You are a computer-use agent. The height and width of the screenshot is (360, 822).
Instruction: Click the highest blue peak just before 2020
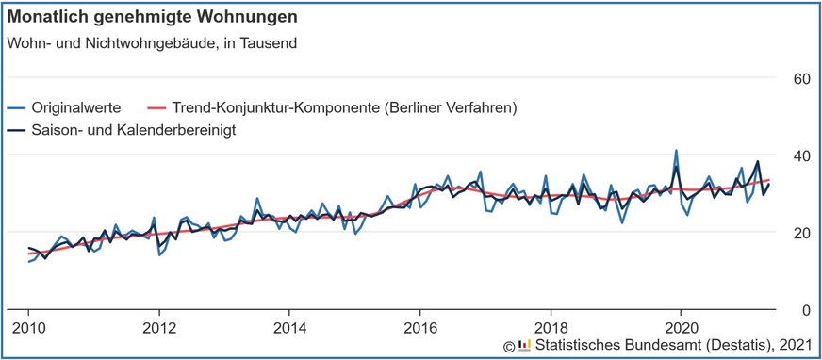[x=676, y=151]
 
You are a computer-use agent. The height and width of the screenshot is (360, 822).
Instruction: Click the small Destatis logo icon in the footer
[x=524, y=346]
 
